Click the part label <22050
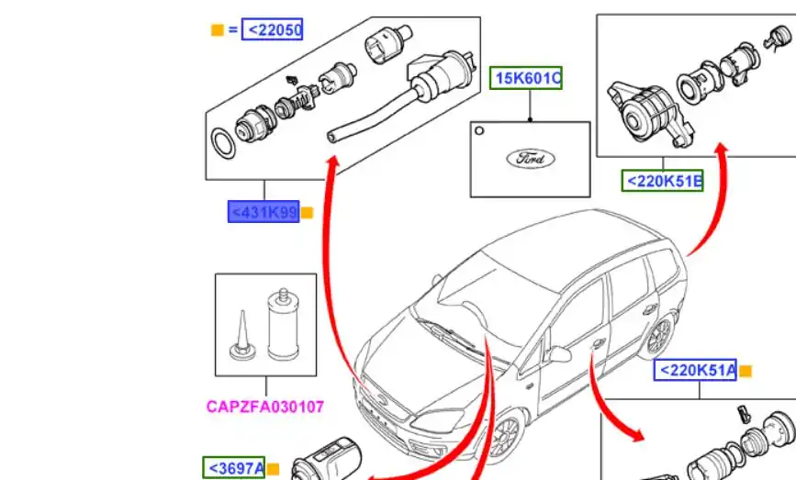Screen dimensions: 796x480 tap(272, 29)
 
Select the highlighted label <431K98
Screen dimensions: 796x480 tap(263, 212)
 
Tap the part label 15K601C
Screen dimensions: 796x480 tap(526, 78)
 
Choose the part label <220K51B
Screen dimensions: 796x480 tap(663, 181)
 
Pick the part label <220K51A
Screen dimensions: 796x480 tap(695, 370)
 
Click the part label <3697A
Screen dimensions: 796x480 tap(234, 468)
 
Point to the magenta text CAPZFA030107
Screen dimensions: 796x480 tap(265, 407)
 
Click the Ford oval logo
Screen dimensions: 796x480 tap(531, 158)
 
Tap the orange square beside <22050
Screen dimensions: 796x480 tap(218, 30)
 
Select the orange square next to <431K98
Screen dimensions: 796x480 tap(307, 213)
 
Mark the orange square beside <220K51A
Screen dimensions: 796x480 tap(746, 372)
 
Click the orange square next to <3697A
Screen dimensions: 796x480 tap(273, 469)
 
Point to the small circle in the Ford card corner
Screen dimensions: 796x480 tap(478, 131)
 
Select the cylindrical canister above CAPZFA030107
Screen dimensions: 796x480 tap(284, 324)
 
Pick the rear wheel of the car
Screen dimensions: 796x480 tap(658, 335)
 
